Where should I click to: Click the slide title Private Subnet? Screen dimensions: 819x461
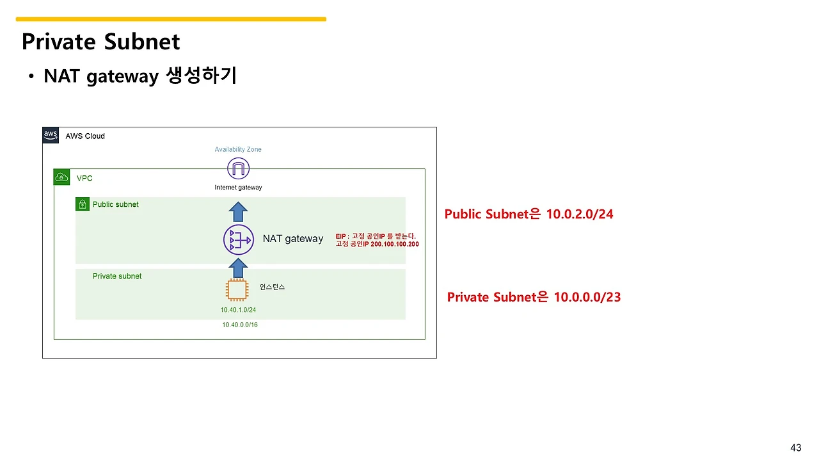[100, 42]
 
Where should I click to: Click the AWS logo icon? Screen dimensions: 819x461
[51, 135]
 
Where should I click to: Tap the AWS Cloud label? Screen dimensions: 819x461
[85, 136]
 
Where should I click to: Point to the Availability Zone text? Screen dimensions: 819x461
[238, 149]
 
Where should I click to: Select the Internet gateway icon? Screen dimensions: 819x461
[239, 168]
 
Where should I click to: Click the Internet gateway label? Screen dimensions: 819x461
[239, 188]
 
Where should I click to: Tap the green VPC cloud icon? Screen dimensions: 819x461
[61, 177]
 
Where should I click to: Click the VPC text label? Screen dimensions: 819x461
[84, 178]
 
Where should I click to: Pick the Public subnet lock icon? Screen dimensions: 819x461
[83, 204]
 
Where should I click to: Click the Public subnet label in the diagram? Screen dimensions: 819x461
[116, 204]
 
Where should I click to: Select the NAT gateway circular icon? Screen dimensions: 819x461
[239, 239]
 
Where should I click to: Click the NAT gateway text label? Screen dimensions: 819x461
[293, 239]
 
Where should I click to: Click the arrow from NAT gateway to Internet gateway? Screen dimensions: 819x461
[238, 212]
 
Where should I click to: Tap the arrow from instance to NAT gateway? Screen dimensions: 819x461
[238, 268]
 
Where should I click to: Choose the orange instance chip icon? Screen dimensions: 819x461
[237, 290]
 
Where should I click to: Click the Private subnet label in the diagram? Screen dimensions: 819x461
[117, 276]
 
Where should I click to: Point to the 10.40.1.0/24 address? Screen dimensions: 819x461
[238, 310]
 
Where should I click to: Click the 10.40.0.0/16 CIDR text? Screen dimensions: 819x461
[240, 325]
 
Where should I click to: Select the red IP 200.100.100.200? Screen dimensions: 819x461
[395, 244]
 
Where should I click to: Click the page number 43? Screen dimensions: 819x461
[796, 448]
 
